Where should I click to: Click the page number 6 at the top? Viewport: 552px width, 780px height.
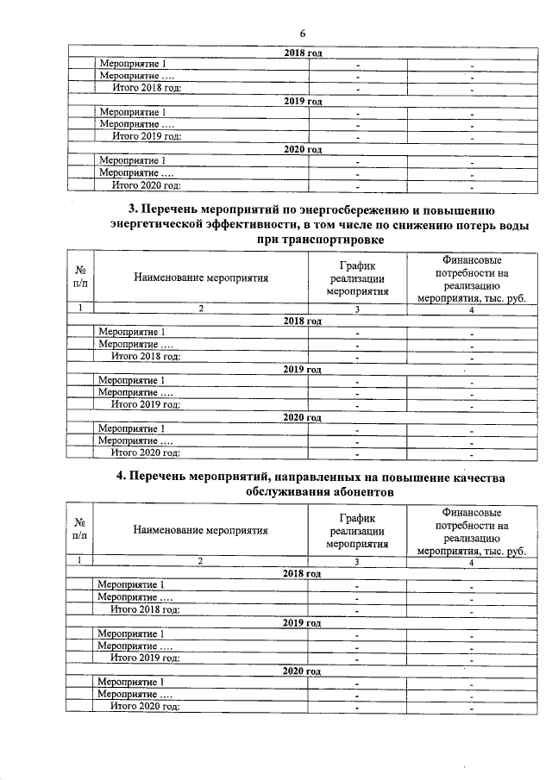pos(303,33)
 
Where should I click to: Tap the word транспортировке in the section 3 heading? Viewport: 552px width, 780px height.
pos(327,239)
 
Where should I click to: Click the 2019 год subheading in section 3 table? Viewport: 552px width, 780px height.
pos(303,369)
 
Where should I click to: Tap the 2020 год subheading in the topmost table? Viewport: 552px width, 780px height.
pos(303,149)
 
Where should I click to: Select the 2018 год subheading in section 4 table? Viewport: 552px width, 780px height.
pos(302,573)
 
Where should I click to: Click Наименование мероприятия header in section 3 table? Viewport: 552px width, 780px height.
pos(201,278)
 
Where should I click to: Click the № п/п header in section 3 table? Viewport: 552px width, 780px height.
pos(80,278)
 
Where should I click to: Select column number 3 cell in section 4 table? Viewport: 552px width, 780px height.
pos(357,561)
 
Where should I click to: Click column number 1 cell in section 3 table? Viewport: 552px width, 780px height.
pos(80,309)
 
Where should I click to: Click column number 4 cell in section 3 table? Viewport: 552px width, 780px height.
pos(472,309)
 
